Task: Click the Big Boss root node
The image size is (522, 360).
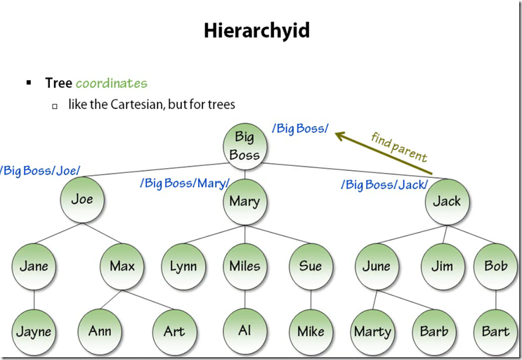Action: point(244,145)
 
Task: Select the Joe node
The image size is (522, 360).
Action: point(81,199)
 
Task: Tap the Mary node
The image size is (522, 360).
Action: point(244,201)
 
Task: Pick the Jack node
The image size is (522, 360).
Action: point(447,201)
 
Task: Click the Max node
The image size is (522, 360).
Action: point(122,266)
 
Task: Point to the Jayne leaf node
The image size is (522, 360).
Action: point(34,330)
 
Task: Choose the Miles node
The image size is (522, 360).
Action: point(244,266)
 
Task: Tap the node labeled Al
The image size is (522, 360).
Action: point(244,330)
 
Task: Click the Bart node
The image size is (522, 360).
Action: point(495,330)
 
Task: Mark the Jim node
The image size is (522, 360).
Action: point(443,266)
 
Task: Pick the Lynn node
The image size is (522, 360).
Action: point(183,266)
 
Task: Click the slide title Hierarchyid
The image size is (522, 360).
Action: point(256,31)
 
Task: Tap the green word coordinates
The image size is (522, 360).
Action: point(112,83)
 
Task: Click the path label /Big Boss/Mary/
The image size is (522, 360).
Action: point(185,184)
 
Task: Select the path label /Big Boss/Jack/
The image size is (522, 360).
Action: point(384,185)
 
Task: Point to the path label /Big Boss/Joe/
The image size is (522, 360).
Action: point(41,171)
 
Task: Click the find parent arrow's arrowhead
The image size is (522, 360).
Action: point(339,134)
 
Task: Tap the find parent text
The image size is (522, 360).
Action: point(398,146)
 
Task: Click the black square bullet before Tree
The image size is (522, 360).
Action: point(29,83)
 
